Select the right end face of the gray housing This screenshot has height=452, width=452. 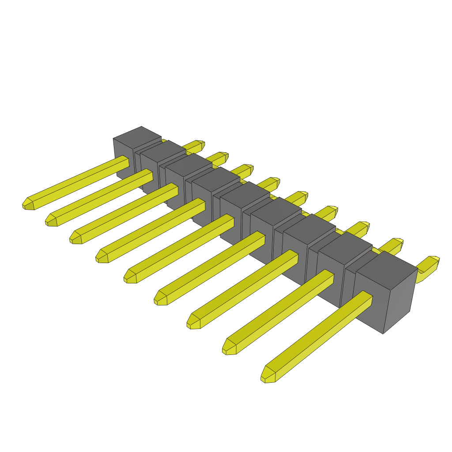pyautogui.click(x=399, y=300)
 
